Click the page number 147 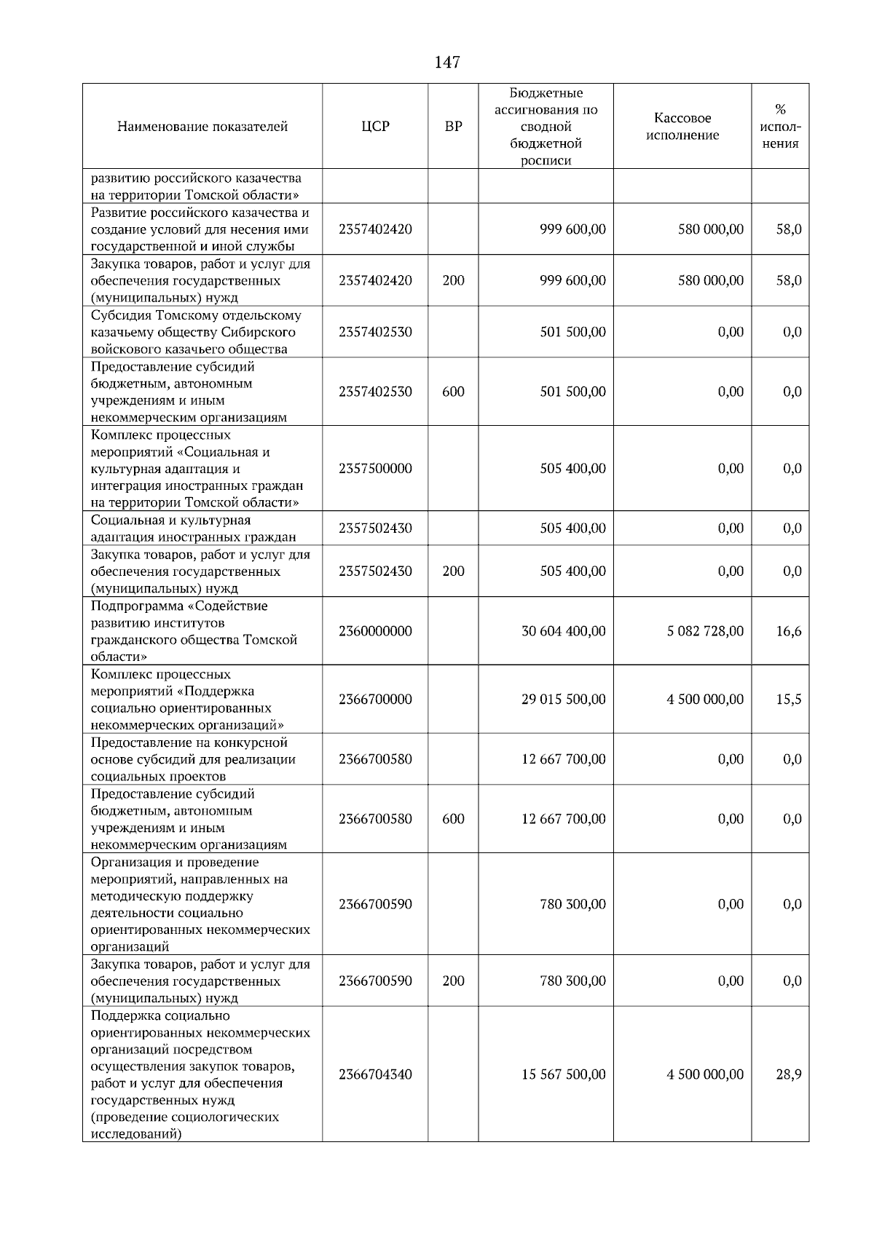point(446,63)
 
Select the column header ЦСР point(375,127)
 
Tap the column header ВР point(453,127)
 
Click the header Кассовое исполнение point(682,127)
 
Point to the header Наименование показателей point(202,127)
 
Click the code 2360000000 point(375,631)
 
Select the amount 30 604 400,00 point(563,631)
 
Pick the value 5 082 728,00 point(705,631)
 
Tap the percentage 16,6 point(788,631)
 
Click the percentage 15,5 point(788,700)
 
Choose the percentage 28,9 point(788,1074)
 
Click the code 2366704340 point(375,1074)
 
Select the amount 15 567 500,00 point(563,1074)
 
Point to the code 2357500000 point(375,469)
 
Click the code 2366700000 point(375,700)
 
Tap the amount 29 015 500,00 point(563,700)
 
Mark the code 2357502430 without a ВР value point(375,528)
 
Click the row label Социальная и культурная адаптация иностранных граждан point(193,528)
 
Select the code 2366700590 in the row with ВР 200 point(375,981)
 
